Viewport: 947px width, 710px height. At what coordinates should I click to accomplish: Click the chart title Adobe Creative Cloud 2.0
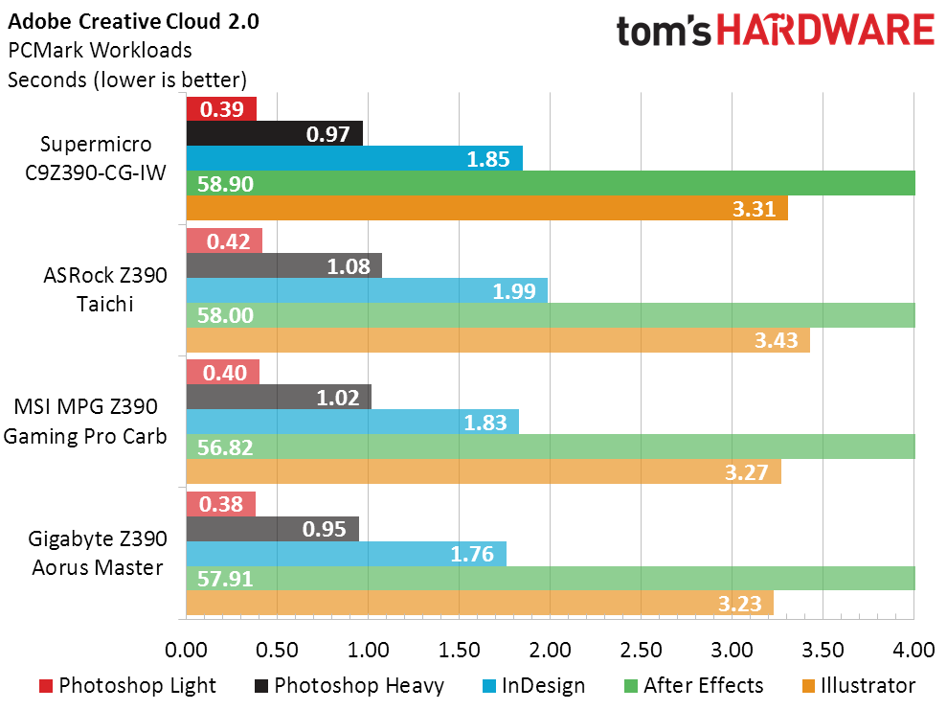[133, 20]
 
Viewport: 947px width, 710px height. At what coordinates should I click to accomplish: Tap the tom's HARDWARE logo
[775, 33]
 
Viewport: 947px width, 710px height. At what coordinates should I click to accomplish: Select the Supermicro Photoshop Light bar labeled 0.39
[221, 109]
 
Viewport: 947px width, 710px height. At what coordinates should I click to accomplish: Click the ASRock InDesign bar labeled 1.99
[367, 290]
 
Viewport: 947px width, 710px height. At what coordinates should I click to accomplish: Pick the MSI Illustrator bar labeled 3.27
[484, 471]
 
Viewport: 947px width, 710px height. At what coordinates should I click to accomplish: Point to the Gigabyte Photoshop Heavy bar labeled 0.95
[273, 529]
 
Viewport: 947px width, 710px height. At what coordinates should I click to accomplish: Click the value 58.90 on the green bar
[226, 184]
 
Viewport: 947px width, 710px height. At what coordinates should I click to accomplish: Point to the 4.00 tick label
[913, 651]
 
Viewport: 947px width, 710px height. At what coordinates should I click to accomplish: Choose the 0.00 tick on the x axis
[187, 651]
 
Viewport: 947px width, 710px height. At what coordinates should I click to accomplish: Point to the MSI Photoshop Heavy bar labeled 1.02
[279, 397]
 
